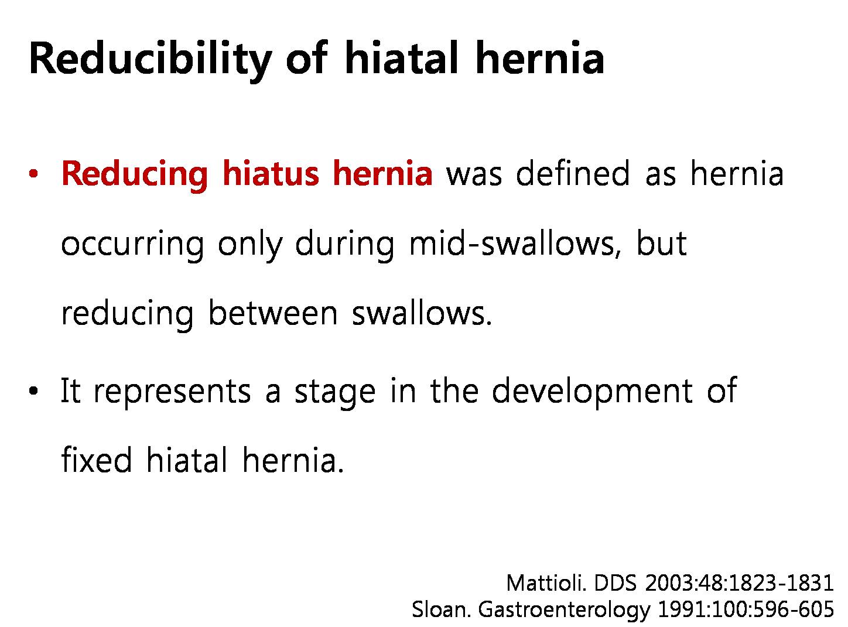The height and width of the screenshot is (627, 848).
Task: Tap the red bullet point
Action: [33, 174]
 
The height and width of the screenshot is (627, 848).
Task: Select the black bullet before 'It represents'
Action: [33, 391]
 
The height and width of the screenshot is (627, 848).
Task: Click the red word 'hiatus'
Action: [271, 173]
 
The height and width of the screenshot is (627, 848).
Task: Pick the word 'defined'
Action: [572, 173]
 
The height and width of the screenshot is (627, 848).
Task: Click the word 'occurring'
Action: [132, 246]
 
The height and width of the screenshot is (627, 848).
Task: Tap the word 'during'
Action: [344, 245]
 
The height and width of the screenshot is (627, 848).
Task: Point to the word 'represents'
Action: [172, 392]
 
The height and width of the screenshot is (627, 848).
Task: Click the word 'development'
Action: [591, 391]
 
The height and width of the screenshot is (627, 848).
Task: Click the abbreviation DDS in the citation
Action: [616, 584]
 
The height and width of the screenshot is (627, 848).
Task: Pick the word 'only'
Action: [250, 246]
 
